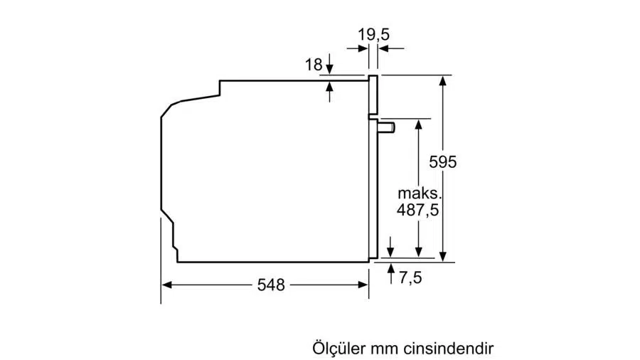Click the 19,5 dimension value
coord(373,35)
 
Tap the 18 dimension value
coord(314,65)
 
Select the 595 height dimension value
coord(443,162)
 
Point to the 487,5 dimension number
coord(417,210)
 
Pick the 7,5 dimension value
coord(410,277)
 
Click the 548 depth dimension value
coord(271,285)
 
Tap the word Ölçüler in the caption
coord(338,348)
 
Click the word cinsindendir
coord(449,349)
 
